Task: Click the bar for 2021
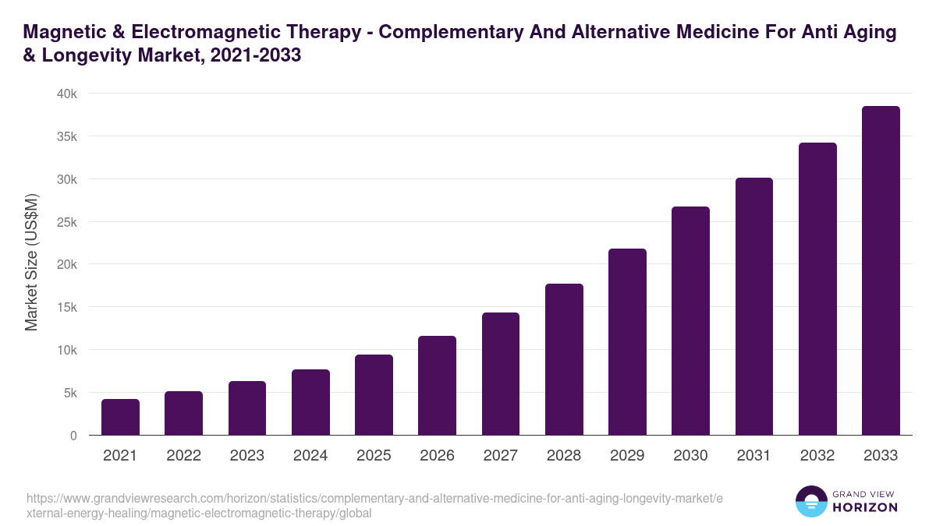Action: tap(120, 417)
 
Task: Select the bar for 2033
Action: tap(881, 270)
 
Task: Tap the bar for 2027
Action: tap(500, 374)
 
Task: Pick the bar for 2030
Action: tap(690, 321)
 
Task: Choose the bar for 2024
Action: tap(310, 402)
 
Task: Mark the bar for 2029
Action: tap(627, 342)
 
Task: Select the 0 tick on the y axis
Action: tap(73, 436)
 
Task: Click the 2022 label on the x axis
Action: tap(183, 456)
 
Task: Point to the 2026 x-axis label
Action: tap(437, 456)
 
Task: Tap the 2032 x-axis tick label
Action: tap(817, 456)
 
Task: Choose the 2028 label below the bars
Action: tap(564, 456)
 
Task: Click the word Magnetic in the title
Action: tap(61, 33)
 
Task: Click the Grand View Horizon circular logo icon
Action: tap(810, 501)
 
